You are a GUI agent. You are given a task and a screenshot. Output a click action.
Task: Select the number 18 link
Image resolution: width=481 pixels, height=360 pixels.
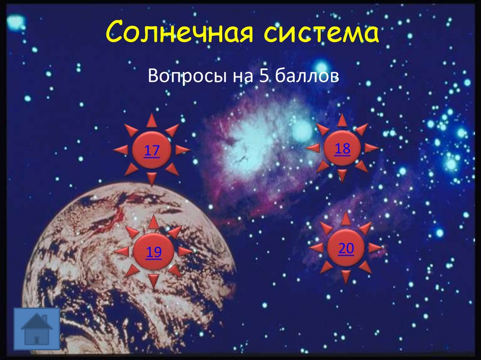(x=342, y=149)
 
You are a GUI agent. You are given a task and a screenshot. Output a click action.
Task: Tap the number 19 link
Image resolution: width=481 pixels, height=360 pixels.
(x=154, y=253)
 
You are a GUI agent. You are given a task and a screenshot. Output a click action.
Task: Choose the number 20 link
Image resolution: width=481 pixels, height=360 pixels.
(x=346, y=249)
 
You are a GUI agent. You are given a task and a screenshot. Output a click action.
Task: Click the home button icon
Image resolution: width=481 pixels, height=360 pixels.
(x=37, y=329)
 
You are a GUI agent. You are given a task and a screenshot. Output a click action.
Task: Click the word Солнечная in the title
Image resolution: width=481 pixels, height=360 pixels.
(x=181, y=34)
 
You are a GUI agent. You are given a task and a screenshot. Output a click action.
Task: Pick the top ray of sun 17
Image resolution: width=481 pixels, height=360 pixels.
(x=151, y=121)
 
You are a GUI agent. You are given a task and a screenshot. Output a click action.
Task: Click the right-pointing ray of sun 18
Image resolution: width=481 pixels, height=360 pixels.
(x=371, y=148)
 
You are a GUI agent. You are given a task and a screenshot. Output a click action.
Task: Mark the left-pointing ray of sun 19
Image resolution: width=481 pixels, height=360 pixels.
(x=121, y=251)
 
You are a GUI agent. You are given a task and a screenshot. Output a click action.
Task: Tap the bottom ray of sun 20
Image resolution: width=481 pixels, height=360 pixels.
(x=346, y=276)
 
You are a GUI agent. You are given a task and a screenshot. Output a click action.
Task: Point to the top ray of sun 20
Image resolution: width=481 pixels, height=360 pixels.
(x=346, y=218)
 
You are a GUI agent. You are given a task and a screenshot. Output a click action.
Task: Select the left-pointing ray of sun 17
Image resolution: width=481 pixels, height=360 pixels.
(x=121, y=150)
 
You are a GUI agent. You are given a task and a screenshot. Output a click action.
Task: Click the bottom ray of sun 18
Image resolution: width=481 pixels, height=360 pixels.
(x=342, y=176)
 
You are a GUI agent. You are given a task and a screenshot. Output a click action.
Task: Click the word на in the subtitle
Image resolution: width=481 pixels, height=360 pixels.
(x=236, y=76)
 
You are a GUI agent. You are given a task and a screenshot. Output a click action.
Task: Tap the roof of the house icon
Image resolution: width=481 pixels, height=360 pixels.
(x=37, y=321)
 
